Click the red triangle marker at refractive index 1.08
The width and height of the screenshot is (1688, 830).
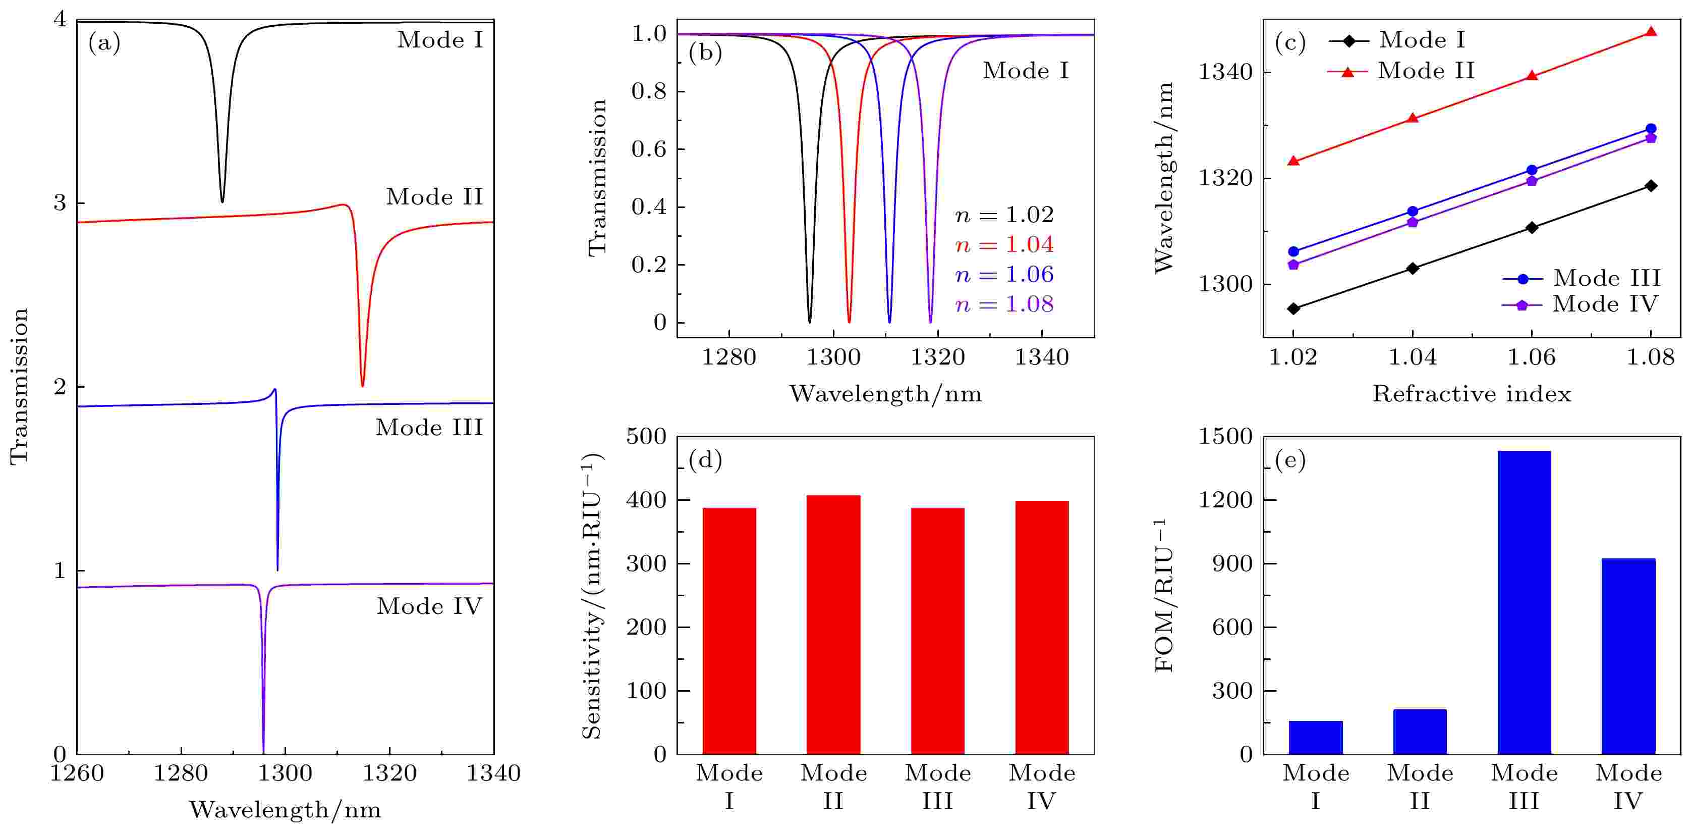point(1651,31)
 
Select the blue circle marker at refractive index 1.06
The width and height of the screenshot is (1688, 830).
point(1532,170)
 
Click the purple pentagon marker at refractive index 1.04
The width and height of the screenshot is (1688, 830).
point(1413,222)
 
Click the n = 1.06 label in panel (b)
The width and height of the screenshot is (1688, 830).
point(1004,275)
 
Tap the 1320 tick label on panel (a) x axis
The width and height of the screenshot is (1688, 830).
point(390,773)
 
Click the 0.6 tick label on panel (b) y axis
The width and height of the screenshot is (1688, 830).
point(648,149)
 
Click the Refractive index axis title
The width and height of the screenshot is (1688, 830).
point(1472,393)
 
